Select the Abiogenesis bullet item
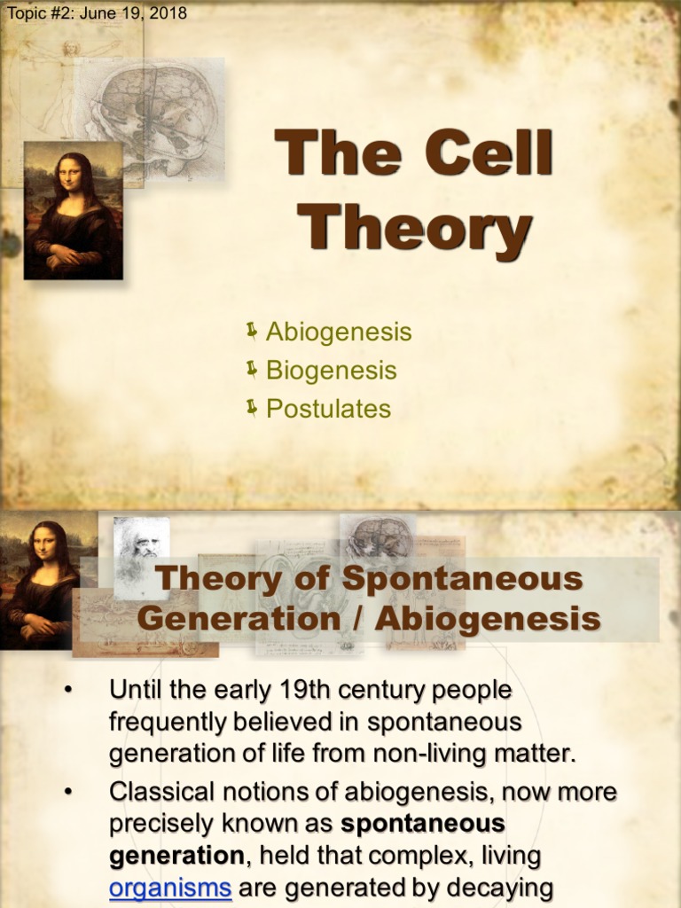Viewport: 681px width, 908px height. pos(339,333)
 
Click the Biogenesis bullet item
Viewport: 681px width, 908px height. pos(331,371)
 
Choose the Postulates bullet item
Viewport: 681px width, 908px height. pos(328,409)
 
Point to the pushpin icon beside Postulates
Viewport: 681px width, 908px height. pos(252,408)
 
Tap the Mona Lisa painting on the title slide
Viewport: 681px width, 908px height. pos(73,211)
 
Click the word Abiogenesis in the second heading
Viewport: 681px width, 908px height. pos(487,618)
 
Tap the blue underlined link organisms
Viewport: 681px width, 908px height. pos(170,889)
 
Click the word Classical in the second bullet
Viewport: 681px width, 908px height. pos(163,790)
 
